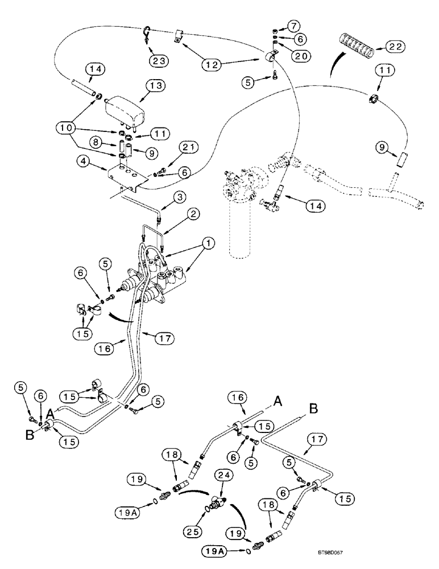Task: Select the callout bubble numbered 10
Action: tap(69, 125)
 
